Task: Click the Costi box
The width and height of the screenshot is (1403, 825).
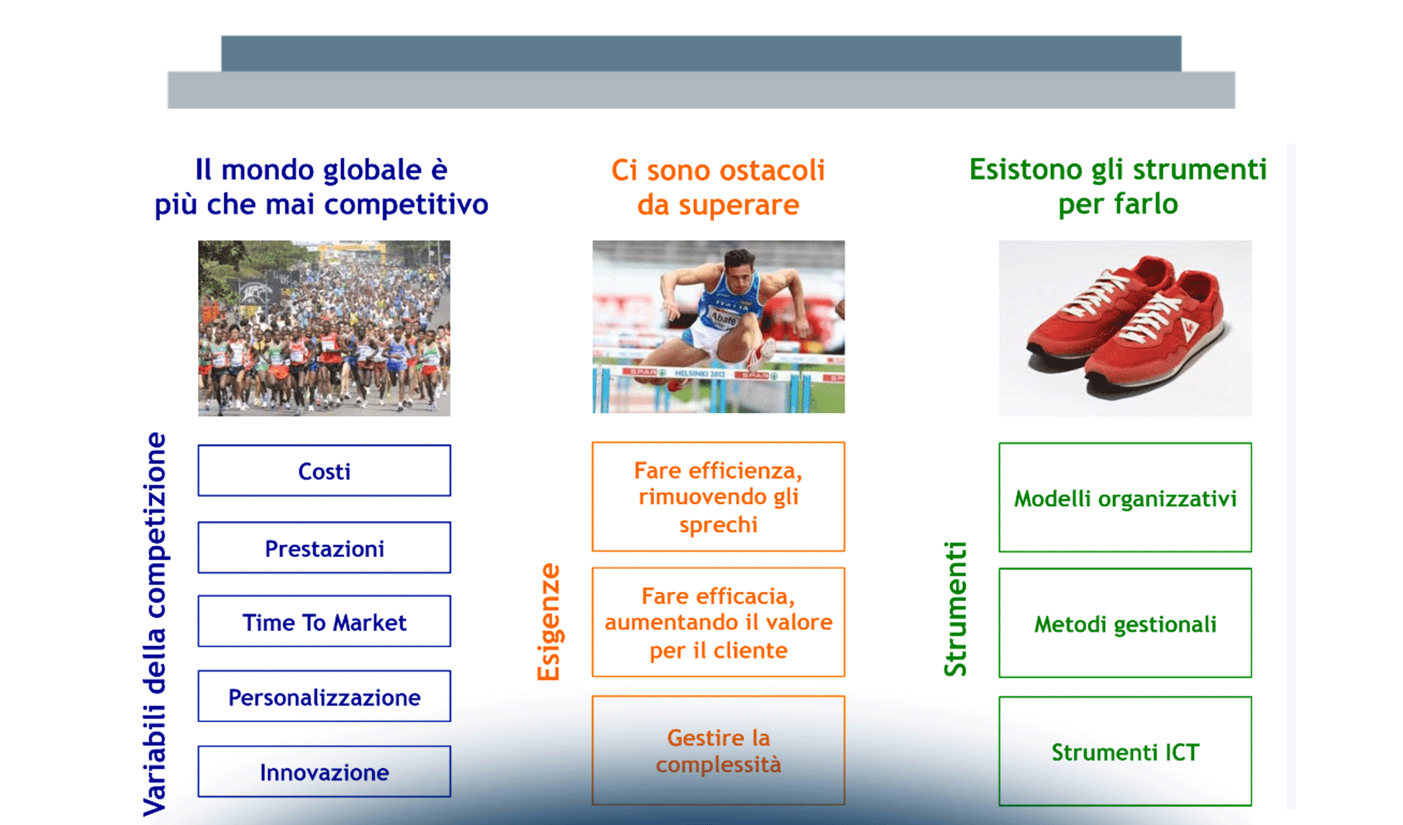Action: coord(324,471)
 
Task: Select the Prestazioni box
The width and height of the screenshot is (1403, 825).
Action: coord(324,548)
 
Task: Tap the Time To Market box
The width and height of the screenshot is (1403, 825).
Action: coord(324,621)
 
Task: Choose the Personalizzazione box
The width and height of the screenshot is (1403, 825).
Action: coord(324,696)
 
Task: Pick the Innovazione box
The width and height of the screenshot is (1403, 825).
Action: coord(324,771)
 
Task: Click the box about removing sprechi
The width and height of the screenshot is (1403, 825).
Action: coord(718,496)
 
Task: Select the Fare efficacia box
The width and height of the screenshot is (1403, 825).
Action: coord(718,622)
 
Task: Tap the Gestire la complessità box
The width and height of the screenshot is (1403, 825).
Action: coord(718,750)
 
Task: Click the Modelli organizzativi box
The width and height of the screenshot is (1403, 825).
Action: coord(1125,497)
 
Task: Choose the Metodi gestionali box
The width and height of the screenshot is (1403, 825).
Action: coord(1125,623)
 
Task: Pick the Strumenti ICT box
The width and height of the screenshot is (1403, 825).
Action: coord(1125,751)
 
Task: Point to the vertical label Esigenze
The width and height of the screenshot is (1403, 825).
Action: coord(549,622)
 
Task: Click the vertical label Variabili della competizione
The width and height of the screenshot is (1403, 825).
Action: coord(155,624)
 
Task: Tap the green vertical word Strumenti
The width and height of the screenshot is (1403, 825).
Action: coord(956,609)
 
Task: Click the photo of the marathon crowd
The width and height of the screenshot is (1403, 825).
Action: coord(324,328)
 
